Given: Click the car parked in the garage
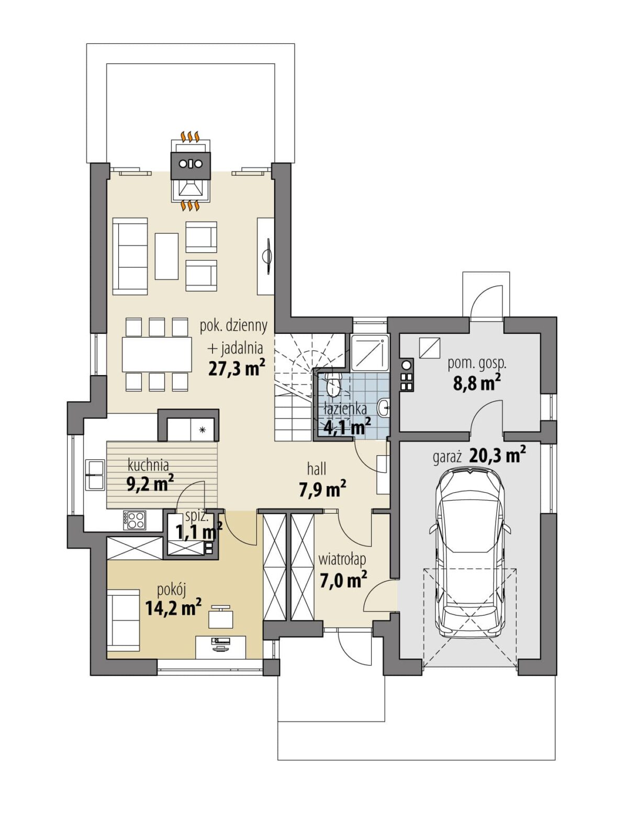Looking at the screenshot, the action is point(470,552).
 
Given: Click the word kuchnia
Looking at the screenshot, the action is point(149,465).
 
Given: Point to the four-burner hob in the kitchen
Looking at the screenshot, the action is point(134,521).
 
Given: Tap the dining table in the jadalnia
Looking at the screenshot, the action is point(156,355).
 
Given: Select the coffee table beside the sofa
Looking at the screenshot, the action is point(166,256).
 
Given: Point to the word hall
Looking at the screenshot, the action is point(316,469).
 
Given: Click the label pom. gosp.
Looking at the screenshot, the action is point(477,364).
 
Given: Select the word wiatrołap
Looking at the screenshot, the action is point(342,560).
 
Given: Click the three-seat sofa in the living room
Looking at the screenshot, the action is point(130,257).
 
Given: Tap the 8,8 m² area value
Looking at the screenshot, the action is point(477,383).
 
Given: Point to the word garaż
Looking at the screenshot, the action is point(447,458).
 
